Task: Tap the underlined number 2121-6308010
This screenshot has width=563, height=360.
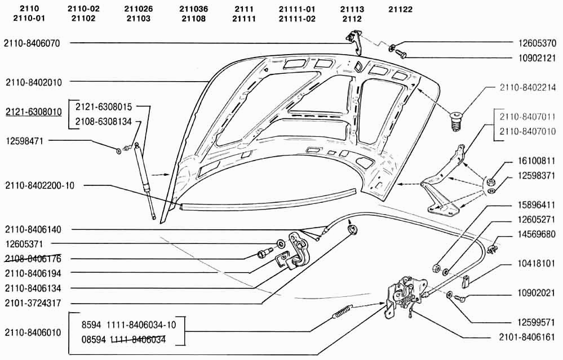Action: (33, 112)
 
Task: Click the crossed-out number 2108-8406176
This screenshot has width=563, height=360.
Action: (33, 259)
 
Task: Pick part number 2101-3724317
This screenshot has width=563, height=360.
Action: (33, 303)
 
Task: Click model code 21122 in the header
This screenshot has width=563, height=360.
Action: (400, 10)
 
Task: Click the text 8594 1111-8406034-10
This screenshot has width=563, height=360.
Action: (128, 325)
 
